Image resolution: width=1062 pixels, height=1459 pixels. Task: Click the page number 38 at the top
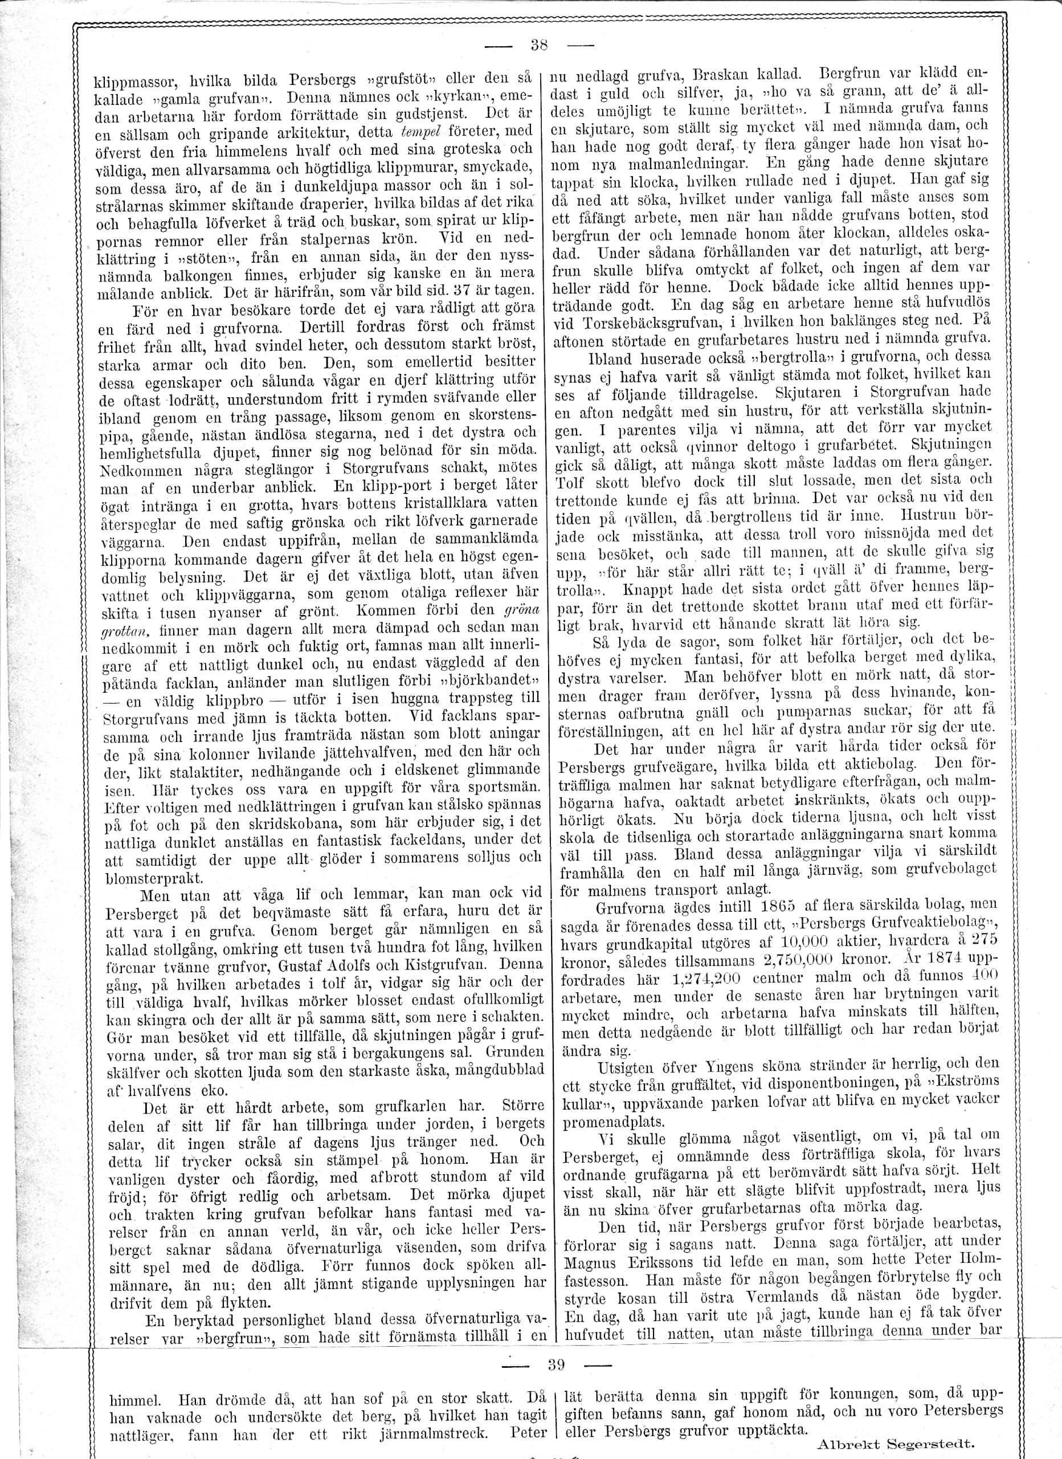tap(538, 46)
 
